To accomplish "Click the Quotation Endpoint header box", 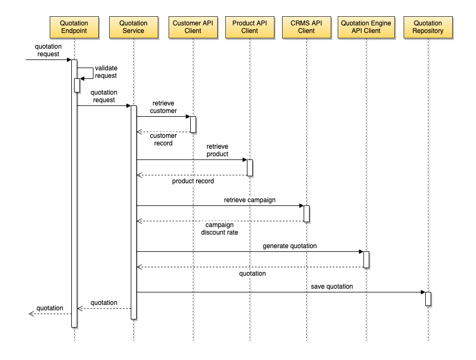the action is click(75, 28).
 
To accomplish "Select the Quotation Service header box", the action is click(133, 28).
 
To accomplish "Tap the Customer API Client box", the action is click(193, 28).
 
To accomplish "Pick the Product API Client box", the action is click(250, 28).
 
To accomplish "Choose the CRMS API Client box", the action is click(306, 28).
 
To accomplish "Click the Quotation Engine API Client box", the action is click(366, 28).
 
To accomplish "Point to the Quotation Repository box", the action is click(428, 28).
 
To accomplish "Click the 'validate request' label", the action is click(106, 72).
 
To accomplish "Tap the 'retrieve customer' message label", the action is click(163, 107).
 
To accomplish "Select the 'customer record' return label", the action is click(163, 139).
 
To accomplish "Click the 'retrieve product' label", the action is click(217, 150).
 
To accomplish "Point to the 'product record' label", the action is click(193, 181).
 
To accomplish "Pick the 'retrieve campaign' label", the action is click(250, 200).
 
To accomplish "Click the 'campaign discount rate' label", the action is click(219, 229).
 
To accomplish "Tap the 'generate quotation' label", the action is click(290, 246).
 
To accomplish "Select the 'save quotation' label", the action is click(332, 286).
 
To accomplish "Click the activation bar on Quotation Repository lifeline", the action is click(428, 299).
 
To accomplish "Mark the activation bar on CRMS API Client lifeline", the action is click(306, 214).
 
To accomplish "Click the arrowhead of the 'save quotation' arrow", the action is click(423, 292).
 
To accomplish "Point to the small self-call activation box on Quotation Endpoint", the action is click(77, 85).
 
